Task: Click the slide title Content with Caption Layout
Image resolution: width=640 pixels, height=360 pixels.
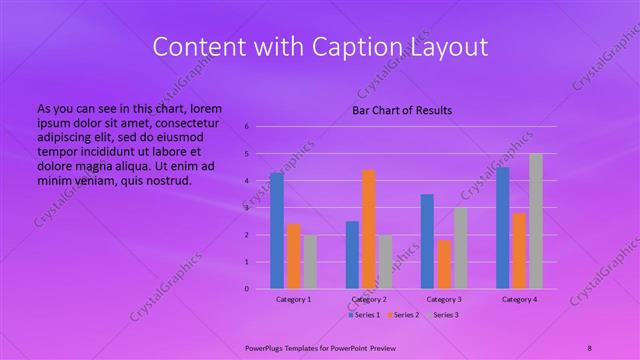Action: click(x=319, y=47)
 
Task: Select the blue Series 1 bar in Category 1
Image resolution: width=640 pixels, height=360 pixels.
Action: click(x=277, y=231)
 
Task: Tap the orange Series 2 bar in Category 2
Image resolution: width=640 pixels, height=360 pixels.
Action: click(x=369, y=229)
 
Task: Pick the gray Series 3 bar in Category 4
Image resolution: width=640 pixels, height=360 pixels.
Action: click(x=536, y=221)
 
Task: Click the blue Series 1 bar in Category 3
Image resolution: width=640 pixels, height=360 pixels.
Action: click(x=427, y=241)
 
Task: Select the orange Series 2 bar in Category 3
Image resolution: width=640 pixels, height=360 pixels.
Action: click(x=444, y=264)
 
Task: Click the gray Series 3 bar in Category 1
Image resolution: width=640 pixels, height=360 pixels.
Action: click(x=310, y=262)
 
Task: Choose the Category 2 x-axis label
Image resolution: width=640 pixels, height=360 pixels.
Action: click(x=369, y=299)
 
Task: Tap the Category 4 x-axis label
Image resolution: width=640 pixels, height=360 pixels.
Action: click(x=519, y=299)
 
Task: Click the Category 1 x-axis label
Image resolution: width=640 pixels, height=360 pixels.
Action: click(x=293, y=299)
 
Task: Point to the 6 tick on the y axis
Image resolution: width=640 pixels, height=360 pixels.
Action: click(x=247, y=127)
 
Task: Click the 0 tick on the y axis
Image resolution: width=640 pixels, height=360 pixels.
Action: click(x=247, y=289)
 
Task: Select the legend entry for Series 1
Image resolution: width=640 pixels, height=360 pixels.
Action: click(x=362, y=315)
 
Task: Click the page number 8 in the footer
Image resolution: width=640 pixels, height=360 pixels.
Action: click(x=590, y=346)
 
